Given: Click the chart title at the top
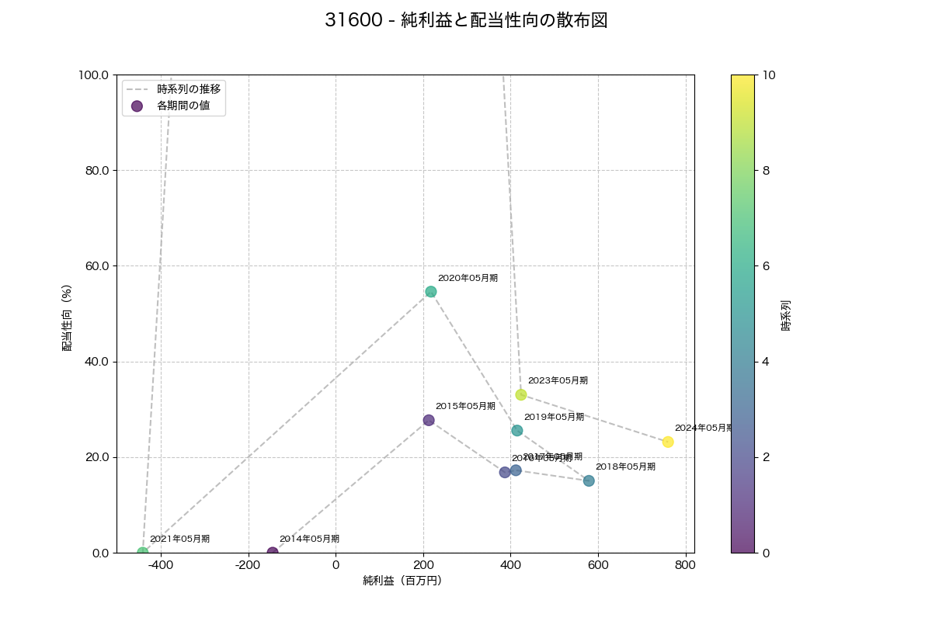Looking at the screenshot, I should pos(466,21).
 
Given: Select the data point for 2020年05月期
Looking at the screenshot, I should pos(430,292).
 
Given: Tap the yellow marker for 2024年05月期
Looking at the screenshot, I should pos(668,442).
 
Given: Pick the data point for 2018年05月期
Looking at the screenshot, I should pos(589,480).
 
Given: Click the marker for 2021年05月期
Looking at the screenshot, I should pos(142,552).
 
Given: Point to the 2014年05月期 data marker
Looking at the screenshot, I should pos(273,552).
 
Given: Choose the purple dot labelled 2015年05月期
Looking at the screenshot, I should pos(429,420).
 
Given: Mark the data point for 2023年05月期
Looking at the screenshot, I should pos(521,394).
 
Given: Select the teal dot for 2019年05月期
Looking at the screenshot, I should pos(517,430).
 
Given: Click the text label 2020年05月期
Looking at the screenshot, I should pos(468,278).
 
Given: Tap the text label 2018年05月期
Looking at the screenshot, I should pos(625,467).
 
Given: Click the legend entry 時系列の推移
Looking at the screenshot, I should pos(189,89).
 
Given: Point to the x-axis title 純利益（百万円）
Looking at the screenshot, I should pos(402,581).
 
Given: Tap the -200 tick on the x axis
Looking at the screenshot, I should pos(248,564).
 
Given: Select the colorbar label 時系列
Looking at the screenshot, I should pos(786,314).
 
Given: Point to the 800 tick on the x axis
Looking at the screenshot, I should pos(685,564).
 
